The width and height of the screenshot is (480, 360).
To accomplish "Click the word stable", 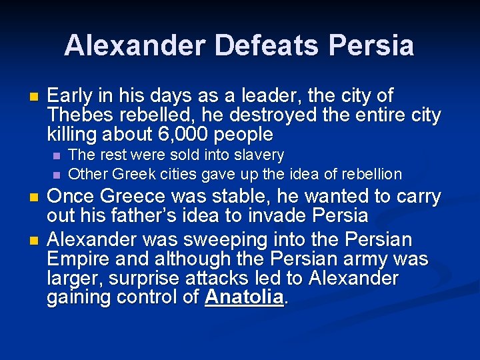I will point(254,197).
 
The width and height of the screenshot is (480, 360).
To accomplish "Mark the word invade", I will point(289,216).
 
